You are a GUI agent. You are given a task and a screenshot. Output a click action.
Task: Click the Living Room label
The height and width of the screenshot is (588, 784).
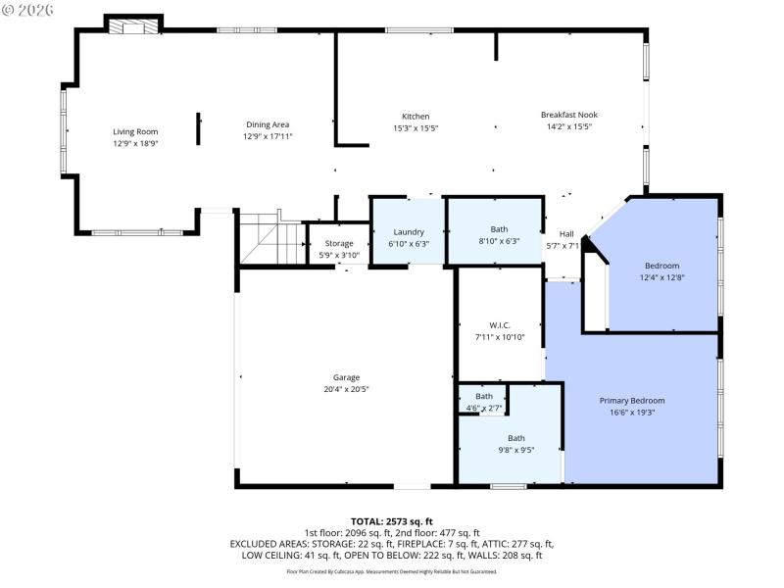pos(135,131)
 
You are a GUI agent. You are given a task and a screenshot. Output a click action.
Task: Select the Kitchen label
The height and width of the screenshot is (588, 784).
pos(416,116)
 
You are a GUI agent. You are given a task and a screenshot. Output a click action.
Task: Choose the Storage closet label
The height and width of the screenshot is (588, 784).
pos(339,243)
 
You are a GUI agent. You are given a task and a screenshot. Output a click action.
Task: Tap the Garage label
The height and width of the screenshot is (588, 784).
pos(346,377)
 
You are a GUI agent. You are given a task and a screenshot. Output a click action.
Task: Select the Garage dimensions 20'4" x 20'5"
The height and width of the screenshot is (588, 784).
pos(346,389)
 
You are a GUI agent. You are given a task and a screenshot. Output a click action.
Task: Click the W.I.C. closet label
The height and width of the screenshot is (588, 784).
pos(500,325)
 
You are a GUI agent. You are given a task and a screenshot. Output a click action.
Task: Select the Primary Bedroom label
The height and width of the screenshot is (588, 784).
pos(632,400)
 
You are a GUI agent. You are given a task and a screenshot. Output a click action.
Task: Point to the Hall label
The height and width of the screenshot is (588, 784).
pos(566,233)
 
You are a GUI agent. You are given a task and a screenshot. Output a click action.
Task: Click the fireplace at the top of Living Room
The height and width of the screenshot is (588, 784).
pos(133,26)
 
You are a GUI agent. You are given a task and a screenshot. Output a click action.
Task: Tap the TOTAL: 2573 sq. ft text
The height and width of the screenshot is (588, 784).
pos(392,521)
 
